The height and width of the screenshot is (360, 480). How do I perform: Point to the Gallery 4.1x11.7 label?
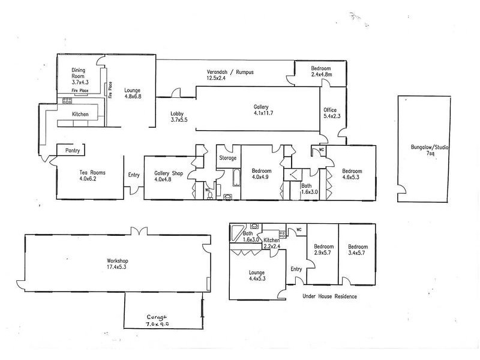(x=264, y=110)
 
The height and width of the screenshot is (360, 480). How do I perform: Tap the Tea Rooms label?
(x=92, y=175)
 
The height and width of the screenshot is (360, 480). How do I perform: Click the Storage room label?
(x=227, y=158)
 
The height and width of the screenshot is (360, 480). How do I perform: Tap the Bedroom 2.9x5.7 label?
(x=323, y=250)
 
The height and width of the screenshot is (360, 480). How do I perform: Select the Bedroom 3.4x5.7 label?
(x=358, y=250)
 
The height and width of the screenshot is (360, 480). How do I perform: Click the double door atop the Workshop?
(x=139, y=230)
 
